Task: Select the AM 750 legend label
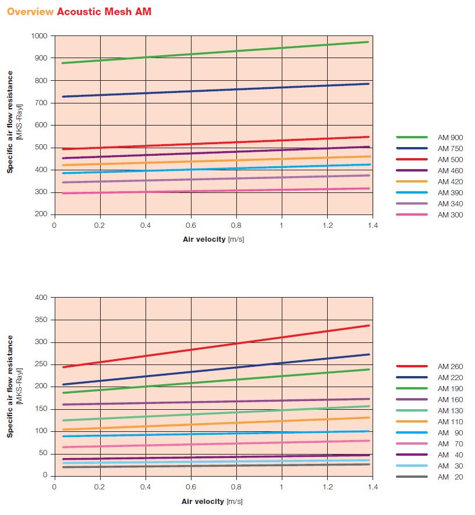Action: point(451,148)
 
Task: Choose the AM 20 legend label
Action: point(451,477)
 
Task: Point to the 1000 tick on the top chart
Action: point(40,36)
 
